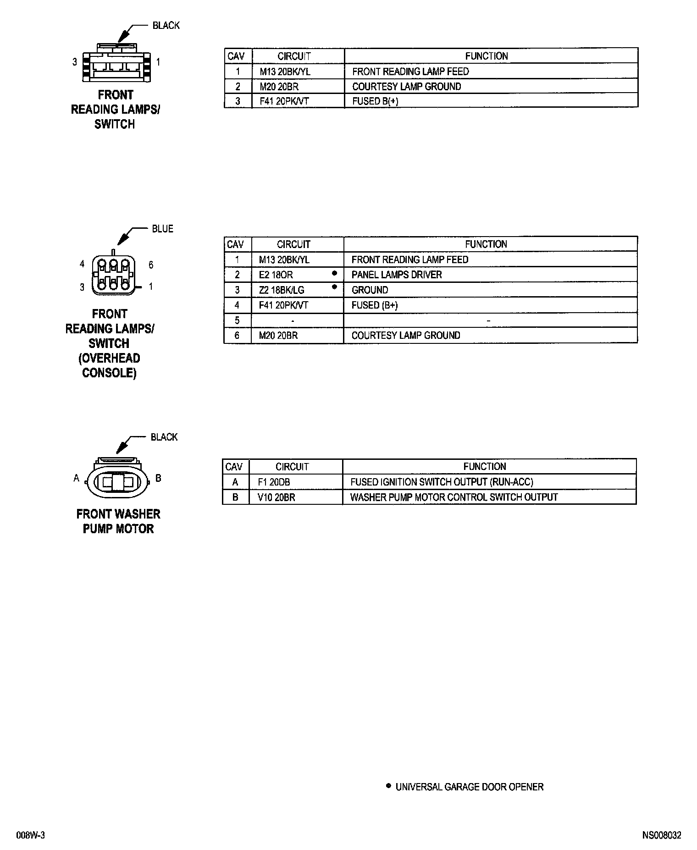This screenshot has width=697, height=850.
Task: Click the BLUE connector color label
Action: click(162, 229)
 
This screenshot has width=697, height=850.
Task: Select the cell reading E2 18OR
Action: click(276, 275)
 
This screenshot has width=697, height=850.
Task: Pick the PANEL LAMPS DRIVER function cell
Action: click(396, 275)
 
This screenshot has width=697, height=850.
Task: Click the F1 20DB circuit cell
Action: click(274, 482)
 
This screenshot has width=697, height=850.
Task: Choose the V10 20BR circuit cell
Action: click(276, 497)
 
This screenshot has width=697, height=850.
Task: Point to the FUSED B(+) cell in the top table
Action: click(375, 101)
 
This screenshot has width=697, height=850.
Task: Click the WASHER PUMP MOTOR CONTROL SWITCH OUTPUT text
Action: click(454, 497)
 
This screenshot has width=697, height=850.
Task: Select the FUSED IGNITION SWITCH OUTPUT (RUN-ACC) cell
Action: click(441, 482)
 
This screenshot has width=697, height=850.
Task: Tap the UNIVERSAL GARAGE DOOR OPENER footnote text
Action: click(469, 787)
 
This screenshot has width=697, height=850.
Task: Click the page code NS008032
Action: click(661, 835)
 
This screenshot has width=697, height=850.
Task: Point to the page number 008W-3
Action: click(31, 835)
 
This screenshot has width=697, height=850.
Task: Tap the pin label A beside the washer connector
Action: click(77, 478)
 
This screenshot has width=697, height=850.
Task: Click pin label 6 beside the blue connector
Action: click(151, 265)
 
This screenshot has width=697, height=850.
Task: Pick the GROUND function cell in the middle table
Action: click(370, 290)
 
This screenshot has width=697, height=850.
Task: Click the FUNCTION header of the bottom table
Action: click(485, 467)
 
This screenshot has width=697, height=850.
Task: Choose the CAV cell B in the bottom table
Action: click(236, 497)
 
